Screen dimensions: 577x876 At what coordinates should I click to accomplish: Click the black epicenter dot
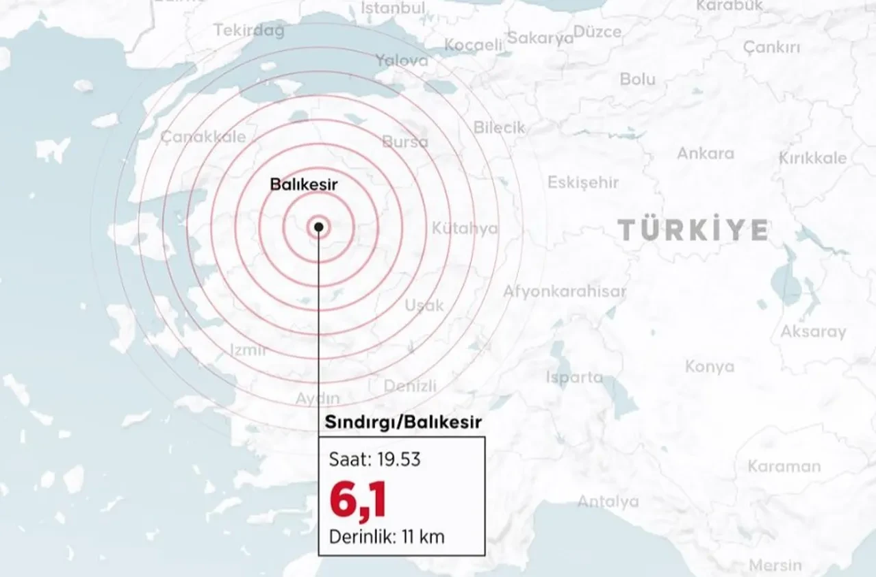click(x=318, y=227)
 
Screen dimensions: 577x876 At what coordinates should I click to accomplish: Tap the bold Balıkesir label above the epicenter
click(x=304, y=184)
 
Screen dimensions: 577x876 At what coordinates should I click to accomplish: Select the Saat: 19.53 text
click(x=375, y=459)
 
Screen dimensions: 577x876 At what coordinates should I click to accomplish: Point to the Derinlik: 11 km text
click(x=387, y=537)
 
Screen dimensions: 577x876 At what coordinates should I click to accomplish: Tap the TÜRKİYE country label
click(x=693, y=230)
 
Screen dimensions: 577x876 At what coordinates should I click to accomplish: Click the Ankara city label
click(x=705, y=153)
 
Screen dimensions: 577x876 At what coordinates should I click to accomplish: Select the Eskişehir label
click(x=582, y=183)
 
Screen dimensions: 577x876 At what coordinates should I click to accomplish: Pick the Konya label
click(x=710, y=367)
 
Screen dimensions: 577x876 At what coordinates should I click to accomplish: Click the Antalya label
click(x=608, y=502)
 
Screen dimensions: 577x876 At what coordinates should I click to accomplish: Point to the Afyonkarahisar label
click(x=565, y=292)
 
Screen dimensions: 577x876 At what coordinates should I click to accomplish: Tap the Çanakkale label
click(x=203, y=136)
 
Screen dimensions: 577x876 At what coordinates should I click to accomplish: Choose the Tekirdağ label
click(x=249, y=31)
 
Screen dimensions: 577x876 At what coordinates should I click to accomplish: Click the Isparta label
click(x=574, y=377)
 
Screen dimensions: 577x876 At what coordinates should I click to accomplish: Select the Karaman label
click(x=784, y=466)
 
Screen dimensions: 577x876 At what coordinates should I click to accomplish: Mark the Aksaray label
click(x=813, y=332)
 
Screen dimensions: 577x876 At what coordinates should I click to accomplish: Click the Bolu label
click(x=637, y=79)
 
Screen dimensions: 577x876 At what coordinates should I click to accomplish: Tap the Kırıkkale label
click(x=812, y=158)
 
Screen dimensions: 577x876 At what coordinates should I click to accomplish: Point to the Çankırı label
click(x=771, y=48)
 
